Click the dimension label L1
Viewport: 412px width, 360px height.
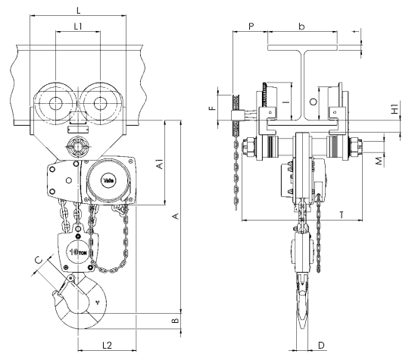point(78,27)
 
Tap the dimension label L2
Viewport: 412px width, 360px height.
point(107,345)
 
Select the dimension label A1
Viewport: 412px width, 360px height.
point(160,164)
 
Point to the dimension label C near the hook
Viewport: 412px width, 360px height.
point(39,260)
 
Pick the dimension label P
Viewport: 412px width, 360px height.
point(251,27)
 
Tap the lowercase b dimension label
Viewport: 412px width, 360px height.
point(301,27)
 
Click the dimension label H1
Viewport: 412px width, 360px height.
point(395,109)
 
